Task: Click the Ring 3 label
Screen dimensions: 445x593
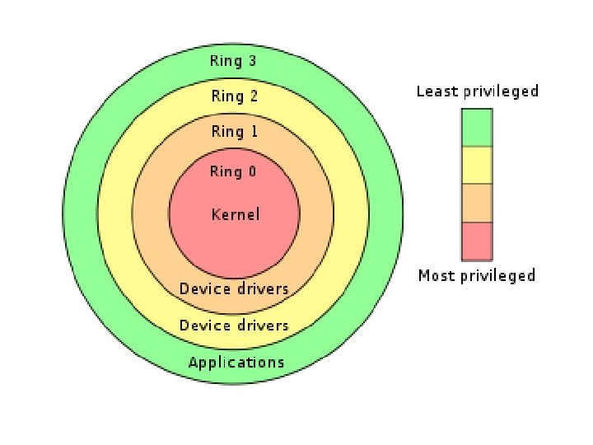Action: pyautogui.click(x=234, y=61)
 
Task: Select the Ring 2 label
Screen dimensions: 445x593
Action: pyautogui.click(x=234, y=96)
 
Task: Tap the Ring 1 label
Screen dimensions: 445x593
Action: pyautogui.click(x=234, y=132)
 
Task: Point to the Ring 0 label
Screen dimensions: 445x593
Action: pyautogui.click(x=234, y=171)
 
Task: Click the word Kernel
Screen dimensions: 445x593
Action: pyautogui.click(x=235, y=214)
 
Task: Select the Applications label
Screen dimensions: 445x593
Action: pyautogui.click(x=236, y=362)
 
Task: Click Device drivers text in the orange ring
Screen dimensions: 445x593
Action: pyautogui.click(x=234, y=288)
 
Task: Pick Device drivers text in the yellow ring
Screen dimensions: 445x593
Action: pyautogui.click(x=234, y=325)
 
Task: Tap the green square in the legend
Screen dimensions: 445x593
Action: pyautogui.click(x=477, y=128)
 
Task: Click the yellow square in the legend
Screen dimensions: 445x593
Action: pyautogui.click(x=477, y=165)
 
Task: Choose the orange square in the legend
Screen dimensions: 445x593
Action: pyautogui.click(x=477, y=203)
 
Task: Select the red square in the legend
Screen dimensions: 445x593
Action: pyautogui.click(x=477, y=241)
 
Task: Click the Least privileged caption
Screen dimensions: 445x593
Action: pyautogui.click(x=477, y=91)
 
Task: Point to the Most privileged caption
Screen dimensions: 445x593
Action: pyautogui.click(x=477, y=275)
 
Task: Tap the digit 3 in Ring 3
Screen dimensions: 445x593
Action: pyautogui.click(x=253, y=61)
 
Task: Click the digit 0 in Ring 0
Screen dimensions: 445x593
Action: pyautogui.click(x=252, y=171)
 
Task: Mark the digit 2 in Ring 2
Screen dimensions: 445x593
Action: pyautogui.click(x=253, y=96)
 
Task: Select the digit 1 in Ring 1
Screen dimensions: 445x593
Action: pyautogui.click(x=253, y=132)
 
